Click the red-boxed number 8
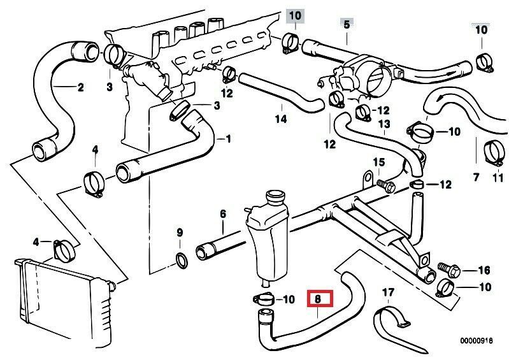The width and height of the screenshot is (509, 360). click(319, 298)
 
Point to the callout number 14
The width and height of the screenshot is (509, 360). click(281, 119)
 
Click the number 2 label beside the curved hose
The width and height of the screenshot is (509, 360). click(80, 88)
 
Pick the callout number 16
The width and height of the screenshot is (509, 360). click(484, 270)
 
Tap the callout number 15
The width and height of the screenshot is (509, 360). click(378, 162)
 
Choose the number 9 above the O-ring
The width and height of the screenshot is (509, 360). click(180, 231)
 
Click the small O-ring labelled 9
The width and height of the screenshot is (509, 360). click(181, 259)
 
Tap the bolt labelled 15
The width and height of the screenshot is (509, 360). click(386, 185)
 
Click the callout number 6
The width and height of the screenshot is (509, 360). click(223, 215)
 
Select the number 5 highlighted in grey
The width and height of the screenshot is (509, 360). click(347, 24)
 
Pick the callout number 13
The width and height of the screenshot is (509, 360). click(384, 123)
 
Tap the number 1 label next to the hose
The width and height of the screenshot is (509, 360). click(228, 138)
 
